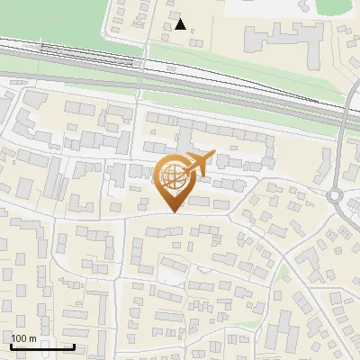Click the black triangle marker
click(181, 24)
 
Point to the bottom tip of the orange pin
click(172, 211)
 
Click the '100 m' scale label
click(23, 338)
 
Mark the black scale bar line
click(41, 346)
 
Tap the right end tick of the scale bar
click(73, 345)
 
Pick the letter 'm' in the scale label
click(32, 338)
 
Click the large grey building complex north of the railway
click(283, 40)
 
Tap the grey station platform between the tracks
click(90, 56)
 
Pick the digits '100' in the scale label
click(19, 338)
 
